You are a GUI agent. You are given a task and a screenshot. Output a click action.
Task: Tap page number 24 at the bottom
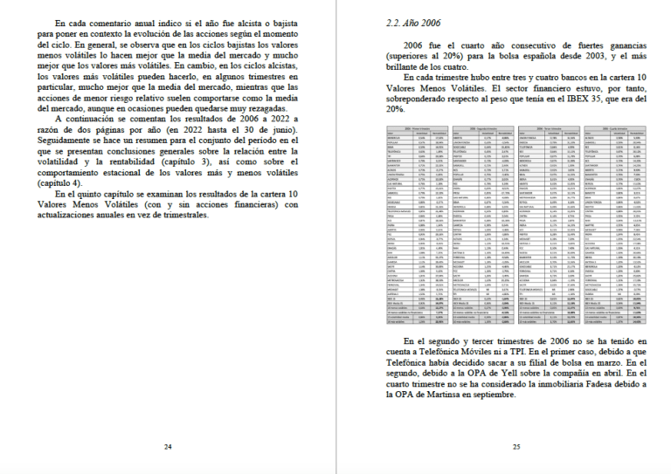point(168,446)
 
